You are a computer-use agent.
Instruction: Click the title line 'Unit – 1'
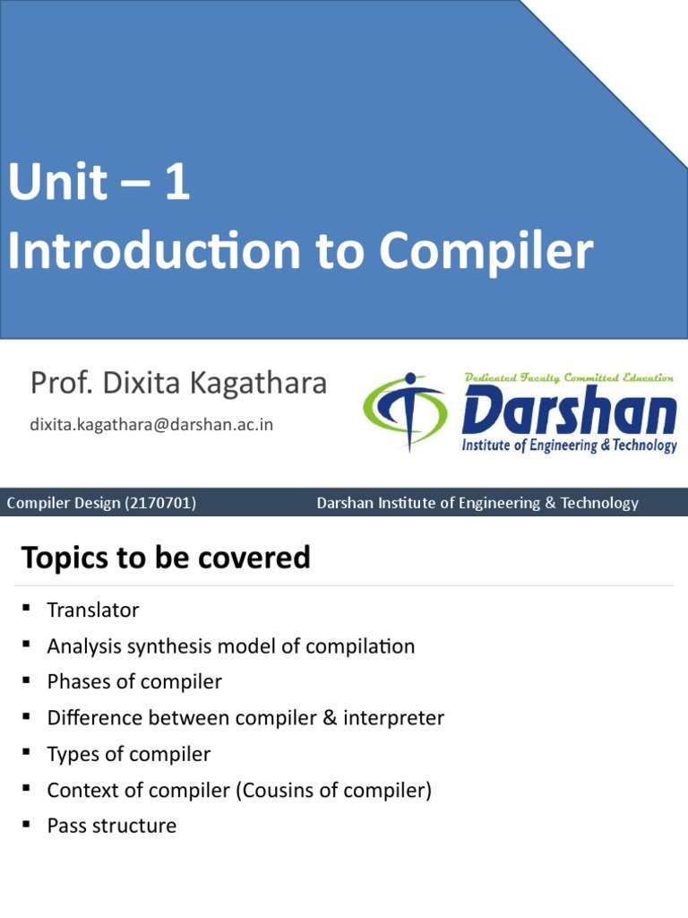coord(99,186)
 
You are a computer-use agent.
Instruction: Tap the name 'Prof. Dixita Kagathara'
coord(178,384)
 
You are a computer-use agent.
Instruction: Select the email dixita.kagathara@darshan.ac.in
coord(151,424)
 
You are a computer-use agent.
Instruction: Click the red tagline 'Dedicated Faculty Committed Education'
coord(569,378)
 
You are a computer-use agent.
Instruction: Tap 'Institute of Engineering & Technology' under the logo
coord(569,446)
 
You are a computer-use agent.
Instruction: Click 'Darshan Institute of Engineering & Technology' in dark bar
coord(477,503)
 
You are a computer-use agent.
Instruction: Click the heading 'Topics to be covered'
coord(166,558)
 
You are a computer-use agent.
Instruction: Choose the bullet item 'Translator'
coord(93,611)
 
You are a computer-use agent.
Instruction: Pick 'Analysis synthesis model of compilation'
coord(231,646)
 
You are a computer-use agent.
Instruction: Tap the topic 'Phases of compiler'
coord(134,682)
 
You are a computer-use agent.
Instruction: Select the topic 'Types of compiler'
coord(129,754)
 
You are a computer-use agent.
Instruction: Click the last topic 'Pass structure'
coord(112,826)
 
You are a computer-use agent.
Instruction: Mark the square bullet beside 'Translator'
coord(27,610)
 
